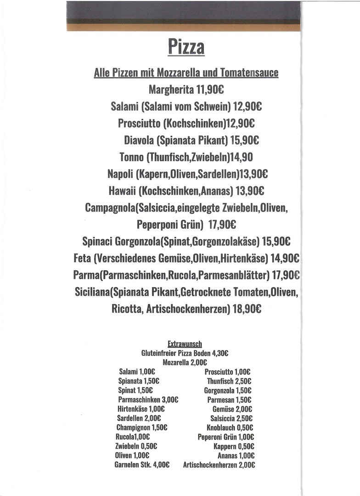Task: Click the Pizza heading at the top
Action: coord(186,46)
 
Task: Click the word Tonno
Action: coord(131,157)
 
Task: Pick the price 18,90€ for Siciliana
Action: coord(247,309)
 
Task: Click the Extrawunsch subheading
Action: coord(185,344)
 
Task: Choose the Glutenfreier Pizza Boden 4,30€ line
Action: coord(185,353)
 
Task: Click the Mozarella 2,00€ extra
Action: coord(185,362)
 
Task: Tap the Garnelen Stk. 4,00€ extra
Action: coord(142,465)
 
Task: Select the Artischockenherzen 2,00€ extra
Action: coord(219,465)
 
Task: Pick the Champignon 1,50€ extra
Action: coord(141,428)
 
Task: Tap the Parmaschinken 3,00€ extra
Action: coord(148,400)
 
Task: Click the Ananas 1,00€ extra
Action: coord(236,456)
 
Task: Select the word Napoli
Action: coord(120,174)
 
